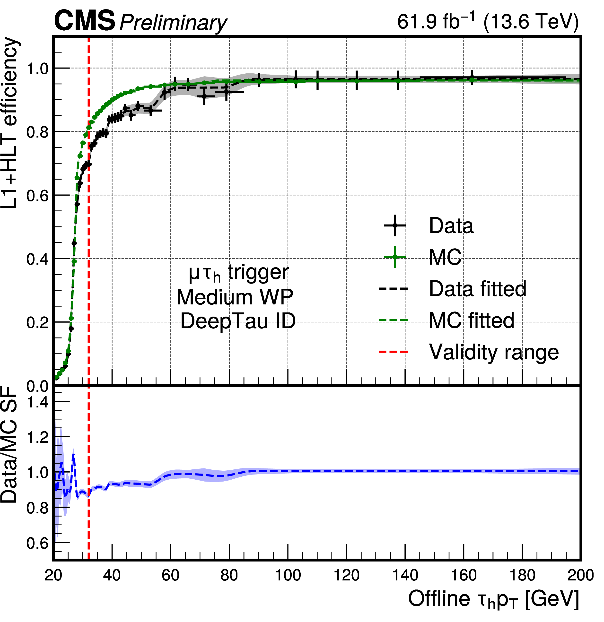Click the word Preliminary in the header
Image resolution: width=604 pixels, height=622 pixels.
(x=173, y=23)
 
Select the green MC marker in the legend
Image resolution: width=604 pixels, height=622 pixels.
(x=395, y=257)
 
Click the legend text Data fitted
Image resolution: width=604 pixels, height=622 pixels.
(x=478, y=289)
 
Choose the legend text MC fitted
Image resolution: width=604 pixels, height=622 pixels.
(x=471, y=320)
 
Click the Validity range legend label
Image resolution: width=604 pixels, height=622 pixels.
(x=494, y=352)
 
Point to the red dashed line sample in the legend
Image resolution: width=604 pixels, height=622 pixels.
(x=395, y=352)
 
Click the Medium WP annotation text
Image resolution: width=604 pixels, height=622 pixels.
(x=235, y=297)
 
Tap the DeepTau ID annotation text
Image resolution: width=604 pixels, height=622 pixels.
(x=238, y=321)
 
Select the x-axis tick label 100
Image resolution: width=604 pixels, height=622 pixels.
(x=288, y=575)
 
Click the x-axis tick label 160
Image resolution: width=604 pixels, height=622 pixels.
(x=464, y=575)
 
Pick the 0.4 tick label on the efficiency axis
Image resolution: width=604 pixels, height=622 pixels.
(x=37, y=259)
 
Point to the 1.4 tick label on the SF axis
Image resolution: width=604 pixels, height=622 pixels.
(x=37, y=402)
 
